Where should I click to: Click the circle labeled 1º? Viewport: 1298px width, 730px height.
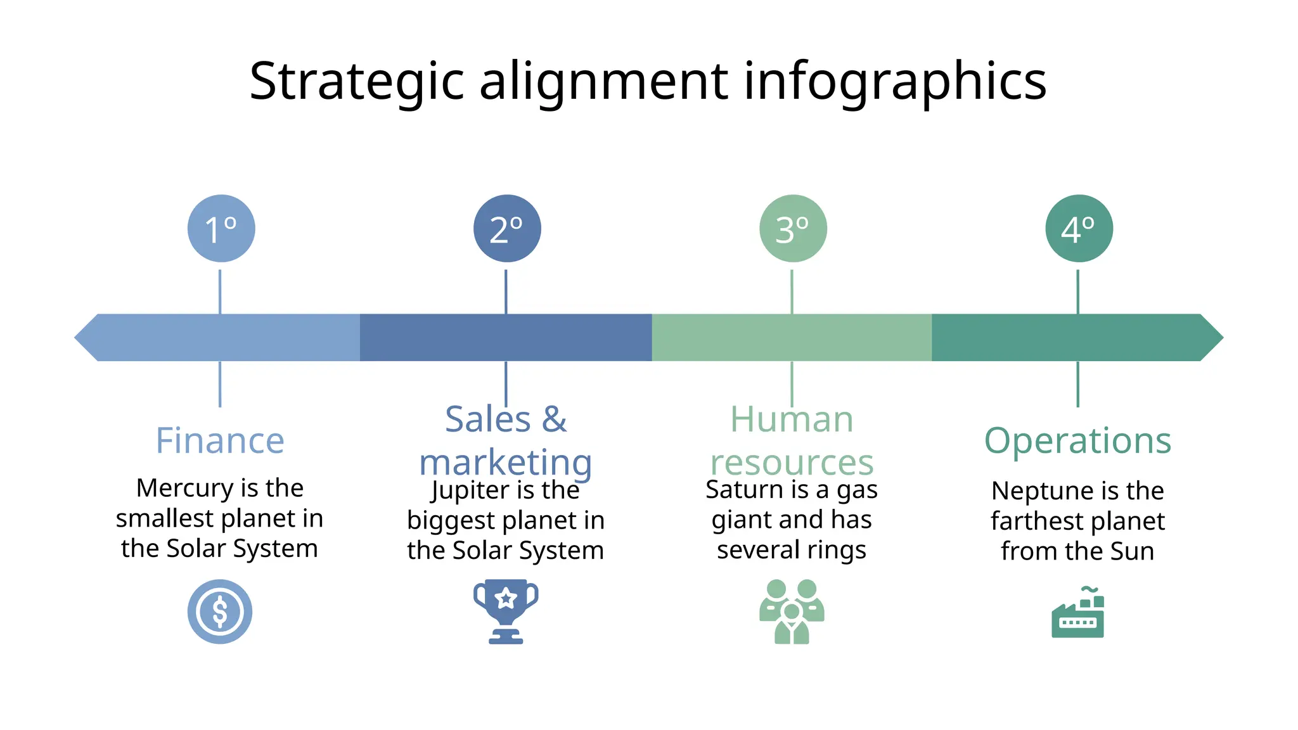tap(221, 228)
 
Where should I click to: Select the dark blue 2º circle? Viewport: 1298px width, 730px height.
tap(507, 228)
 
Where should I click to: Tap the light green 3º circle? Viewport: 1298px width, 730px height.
tap(793, 228)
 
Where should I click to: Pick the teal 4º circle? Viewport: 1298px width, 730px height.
tap(1079, 228)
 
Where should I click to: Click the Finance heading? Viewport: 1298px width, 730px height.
tap(220, 440)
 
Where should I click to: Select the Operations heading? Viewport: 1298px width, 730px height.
tap(1077, 440)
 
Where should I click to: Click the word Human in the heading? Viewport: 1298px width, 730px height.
tap(792, 419)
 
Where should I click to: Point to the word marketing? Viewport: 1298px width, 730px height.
tap(505, 463)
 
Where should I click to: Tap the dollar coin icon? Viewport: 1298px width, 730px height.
tap(220, 612)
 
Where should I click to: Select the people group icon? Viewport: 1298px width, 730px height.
tap(792, 612)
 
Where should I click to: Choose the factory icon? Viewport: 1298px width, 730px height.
tap(1077, 613)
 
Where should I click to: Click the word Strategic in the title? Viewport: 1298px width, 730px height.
tap(357, 81)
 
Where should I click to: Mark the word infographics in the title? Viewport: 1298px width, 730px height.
tap(894, 81)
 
